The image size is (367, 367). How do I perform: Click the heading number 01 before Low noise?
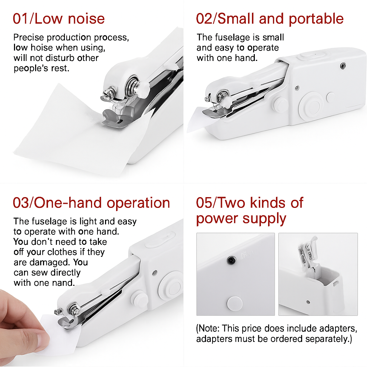22,19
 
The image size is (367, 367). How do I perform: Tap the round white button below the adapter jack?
235,302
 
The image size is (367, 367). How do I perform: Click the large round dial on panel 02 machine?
311,104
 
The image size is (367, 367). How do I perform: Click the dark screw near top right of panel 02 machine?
343,65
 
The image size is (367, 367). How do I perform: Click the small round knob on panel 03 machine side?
139,299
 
